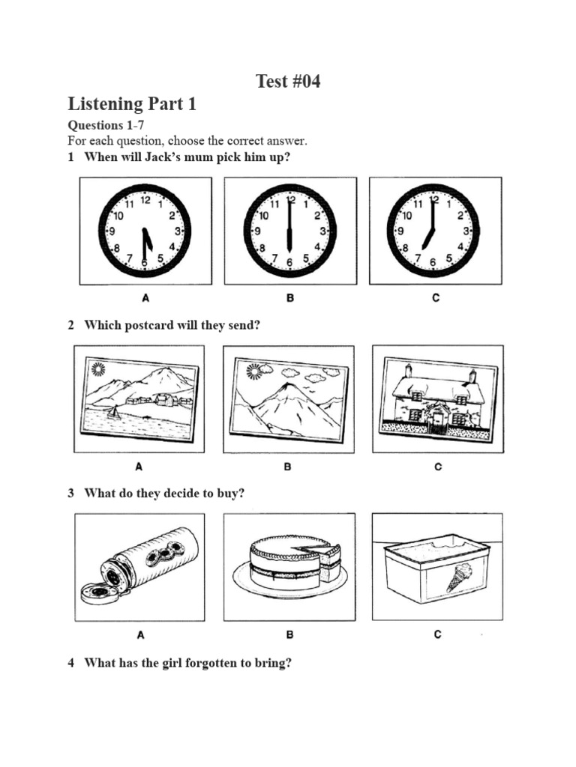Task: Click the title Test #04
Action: [288, 82]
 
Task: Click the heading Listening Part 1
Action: [132, 104]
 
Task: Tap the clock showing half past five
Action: [145, 231]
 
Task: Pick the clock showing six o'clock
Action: [289, 231]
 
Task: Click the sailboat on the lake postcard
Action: [113, 413]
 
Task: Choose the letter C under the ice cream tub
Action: [437, 634]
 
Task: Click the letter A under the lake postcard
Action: [139, 467]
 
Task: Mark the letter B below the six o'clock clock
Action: [289, 297]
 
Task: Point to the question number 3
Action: [71, 493]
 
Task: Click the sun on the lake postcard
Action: [97, 368]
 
